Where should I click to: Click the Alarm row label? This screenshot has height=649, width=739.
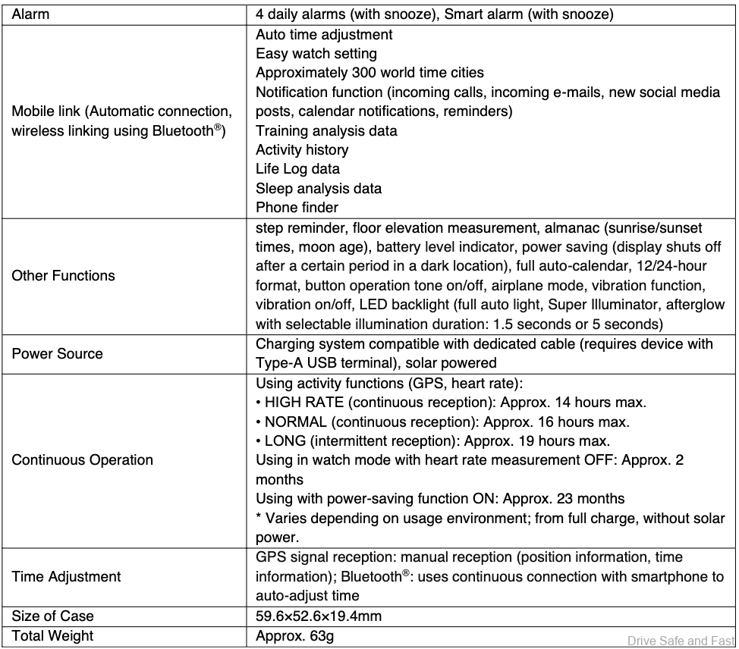(31, 14)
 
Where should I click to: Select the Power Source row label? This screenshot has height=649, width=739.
(58, 353)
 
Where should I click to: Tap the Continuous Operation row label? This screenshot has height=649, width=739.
(82, 459)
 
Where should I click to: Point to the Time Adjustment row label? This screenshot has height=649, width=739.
(66, 576)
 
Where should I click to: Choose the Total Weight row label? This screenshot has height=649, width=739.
(52, 635)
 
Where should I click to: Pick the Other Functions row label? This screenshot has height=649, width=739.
(64, 275)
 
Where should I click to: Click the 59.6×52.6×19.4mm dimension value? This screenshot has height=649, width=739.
(319, 616)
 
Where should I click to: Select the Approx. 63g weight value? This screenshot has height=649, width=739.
(294, 635)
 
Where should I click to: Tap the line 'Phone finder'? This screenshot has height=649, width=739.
(297, 207)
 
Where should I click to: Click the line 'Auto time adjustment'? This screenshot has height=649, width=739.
(324, 34)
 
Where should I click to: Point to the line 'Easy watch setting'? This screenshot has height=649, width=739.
(316, 54)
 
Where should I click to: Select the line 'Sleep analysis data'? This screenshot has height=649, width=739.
(319, 188)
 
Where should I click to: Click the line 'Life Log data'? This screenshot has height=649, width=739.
(297, 168)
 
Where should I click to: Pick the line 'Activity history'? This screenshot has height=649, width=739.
(302, 149)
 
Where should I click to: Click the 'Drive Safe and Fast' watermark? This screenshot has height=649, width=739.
(681, 641)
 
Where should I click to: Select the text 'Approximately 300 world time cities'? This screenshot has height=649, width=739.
(369, 73)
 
